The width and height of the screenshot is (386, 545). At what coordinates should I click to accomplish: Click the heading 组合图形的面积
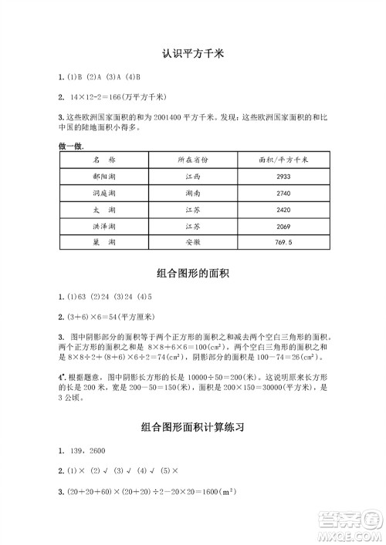coord(193,274)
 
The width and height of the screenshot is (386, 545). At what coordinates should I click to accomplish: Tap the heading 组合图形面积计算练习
coord(193,426)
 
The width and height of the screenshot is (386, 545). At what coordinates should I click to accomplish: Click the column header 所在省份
coord(193,160)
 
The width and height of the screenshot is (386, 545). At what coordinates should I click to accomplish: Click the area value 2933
coord(283,177)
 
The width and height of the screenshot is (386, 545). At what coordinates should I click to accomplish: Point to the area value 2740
coord(283,193)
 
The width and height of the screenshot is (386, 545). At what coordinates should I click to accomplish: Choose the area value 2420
coord(283,210)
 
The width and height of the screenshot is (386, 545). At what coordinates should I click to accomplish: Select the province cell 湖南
coord(193,193)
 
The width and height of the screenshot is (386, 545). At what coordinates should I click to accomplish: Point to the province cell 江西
coord(193,177)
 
